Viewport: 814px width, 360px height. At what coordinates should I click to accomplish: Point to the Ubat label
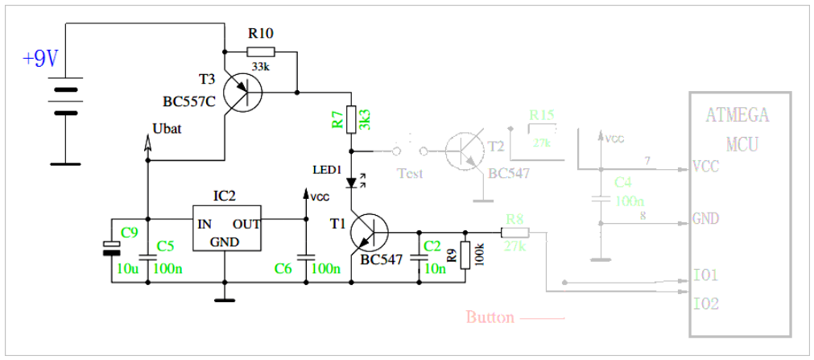point(167,129)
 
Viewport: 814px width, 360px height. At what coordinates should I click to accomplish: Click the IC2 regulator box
point(225,229)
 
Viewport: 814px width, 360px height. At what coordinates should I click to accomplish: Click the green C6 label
point(283,268)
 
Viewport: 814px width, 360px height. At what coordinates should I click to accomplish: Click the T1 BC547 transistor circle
point(370,233)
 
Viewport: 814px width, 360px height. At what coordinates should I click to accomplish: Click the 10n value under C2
point(435,268)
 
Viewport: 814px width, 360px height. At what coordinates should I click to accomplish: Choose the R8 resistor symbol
point(514,233)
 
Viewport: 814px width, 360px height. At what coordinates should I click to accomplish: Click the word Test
point(411,173)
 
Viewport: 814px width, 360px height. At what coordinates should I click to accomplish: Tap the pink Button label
point(490,317)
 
